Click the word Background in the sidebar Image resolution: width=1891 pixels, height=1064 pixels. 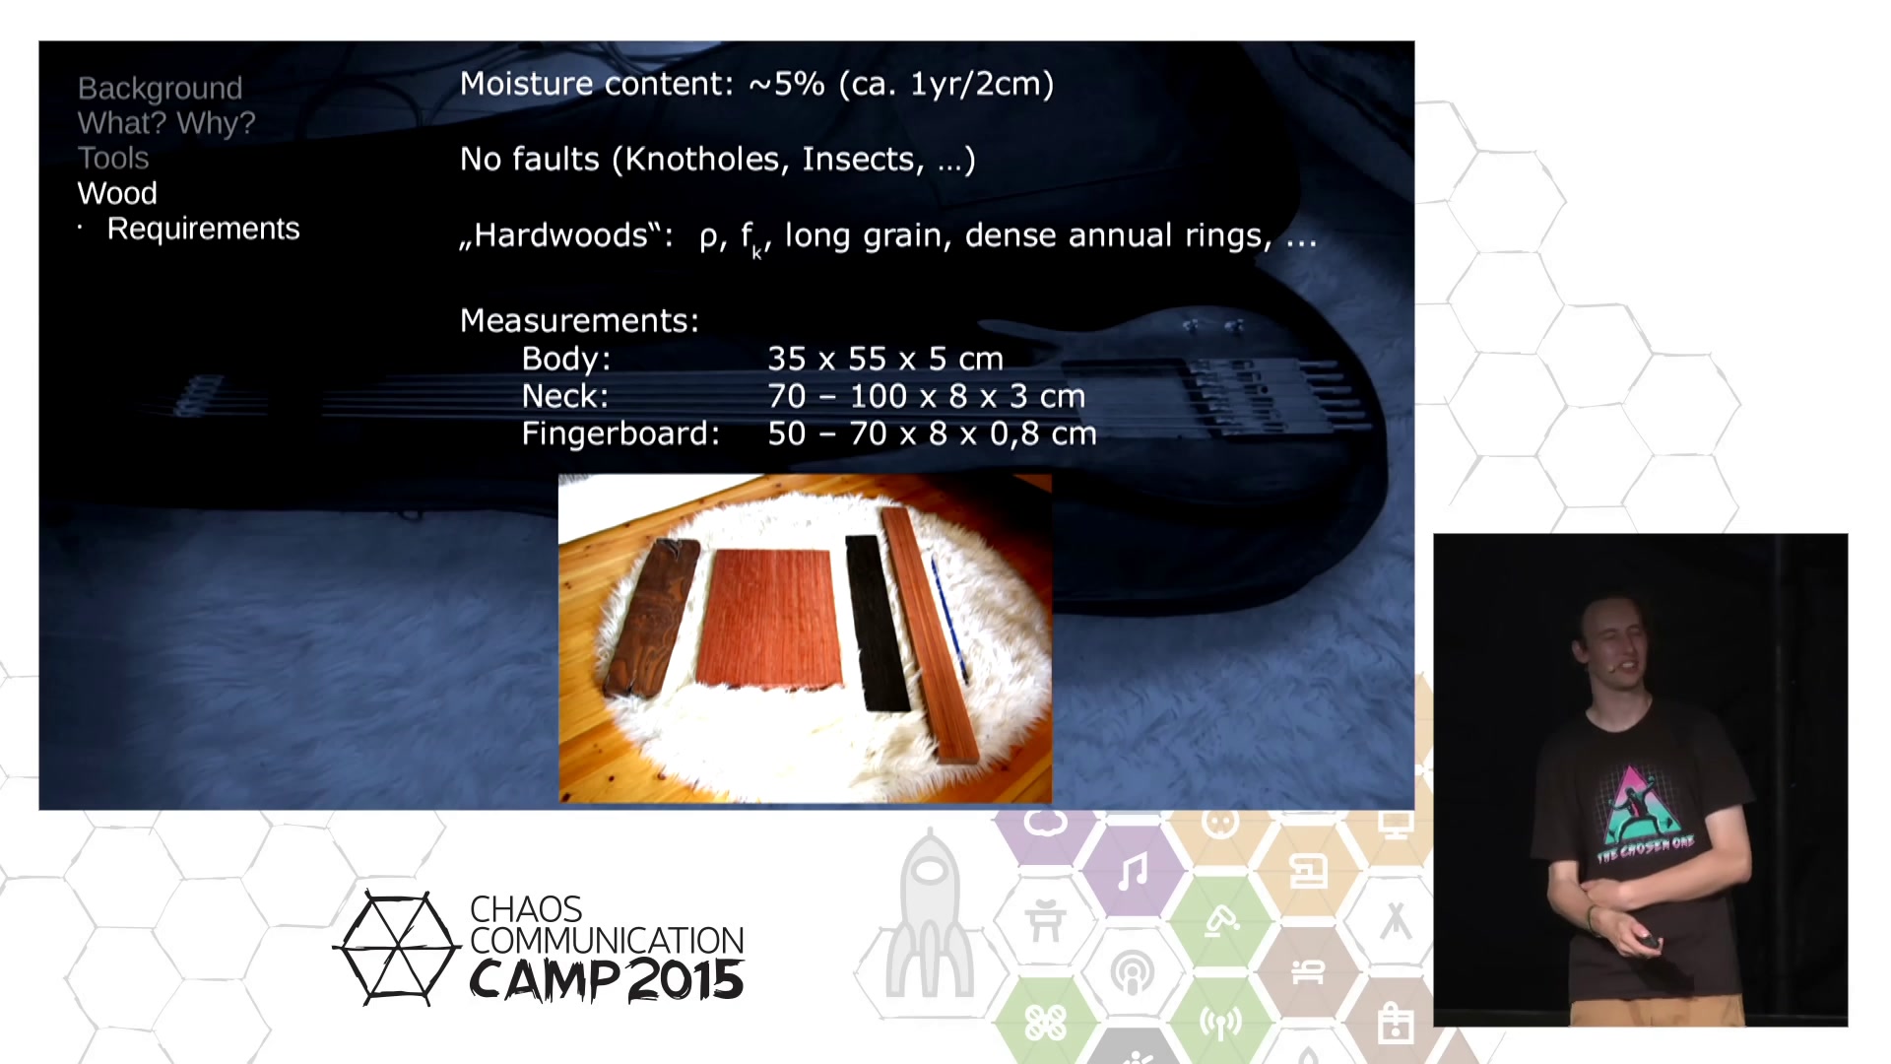point(160,89)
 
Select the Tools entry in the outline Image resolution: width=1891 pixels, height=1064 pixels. point(113,158)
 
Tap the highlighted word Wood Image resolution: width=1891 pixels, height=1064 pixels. point(117,193)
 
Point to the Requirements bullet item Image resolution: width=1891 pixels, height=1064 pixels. point(203,229)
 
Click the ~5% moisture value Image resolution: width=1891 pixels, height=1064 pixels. point(787,84)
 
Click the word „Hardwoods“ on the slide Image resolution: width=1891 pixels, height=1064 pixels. point(566,235)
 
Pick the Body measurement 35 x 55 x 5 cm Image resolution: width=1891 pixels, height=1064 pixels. point(885,359)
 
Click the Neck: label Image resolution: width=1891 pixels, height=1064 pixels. point(565,396)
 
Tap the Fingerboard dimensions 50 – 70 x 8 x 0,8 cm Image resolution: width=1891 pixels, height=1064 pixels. point(932,433)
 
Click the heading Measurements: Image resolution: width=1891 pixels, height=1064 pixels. point(579,320)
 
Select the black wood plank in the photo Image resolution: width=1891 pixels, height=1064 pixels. point(877,623)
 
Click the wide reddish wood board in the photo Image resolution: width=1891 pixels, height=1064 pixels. point(770,619)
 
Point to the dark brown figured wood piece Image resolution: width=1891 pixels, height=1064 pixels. point(651,617)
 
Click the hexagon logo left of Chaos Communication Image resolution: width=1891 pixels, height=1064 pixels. point(397,948)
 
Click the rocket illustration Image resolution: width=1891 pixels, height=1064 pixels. point(929,916)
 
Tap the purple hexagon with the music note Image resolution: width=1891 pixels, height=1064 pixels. point(1133,871)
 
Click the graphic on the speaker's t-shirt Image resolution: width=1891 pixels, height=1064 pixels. point(1640,813)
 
